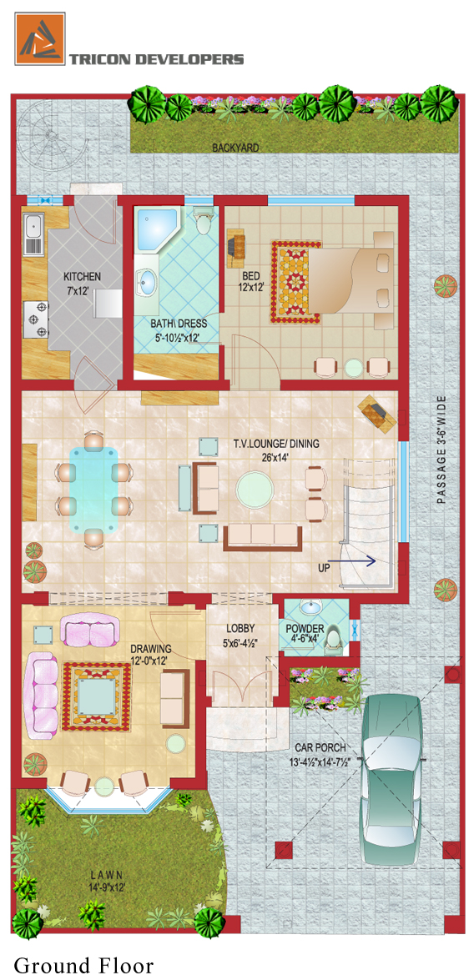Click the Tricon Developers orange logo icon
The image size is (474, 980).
point(39,38)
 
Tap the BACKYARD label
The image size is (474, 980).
point(235,148)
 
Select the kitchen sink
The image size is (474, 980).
point(33,234)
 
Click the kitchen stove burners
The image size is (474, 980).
point(36,319)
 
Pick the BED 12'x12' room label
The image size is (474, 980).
point(250,281)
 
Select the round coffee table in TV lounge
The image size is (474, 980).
point(255,490)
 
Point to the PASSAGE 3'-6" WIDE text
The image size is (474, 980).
point(442,450)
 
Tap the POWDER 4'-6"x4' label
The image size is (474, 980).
point(305,633)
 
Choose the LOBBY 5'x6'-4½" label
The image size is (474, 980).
point(240,633)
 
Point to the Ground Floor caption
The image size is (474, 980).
point(83,964)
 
